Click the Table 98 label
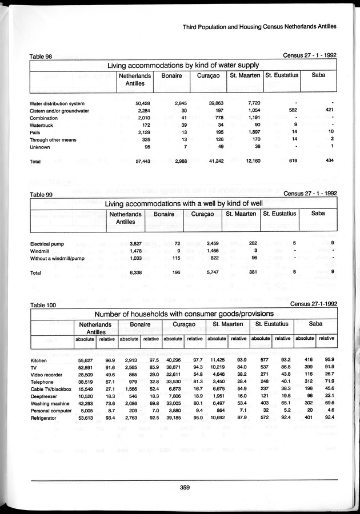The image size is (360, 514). [41, 56]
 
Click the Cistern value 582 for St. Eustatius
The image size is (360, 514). [291, 110]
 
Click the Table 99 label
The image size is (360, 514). [41, 194]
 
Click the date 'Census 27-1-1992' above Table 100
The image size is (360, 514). [314, 304]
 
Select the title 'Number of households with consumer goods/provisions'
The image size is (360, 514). [184, 314]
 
